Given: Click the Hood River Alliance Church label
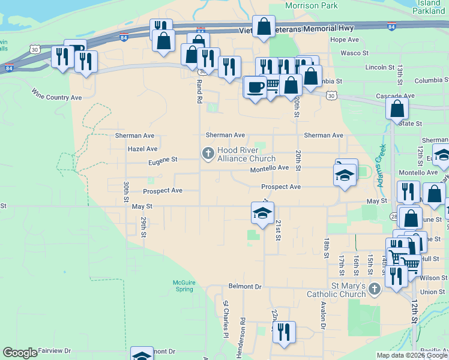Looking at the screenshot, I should coord(245,154).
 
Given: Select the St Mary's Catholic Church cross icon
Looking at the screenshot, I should coord(374,290).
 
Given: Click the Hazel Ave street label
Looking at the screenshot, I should coord(142,148).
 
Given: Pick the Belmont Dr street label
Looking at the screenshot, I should coord(246,286).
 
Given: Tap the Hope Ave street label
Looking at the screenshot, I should coord(344,40).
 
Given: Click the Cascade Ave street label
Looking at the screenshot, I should coord(395,95).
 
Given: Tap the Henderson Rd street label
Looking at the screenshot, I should coord(242,338).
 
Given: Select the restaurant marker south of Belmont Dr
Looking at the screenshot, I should coord(284,331).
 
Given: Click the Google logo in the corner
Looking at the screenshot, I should coord(20,353).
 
